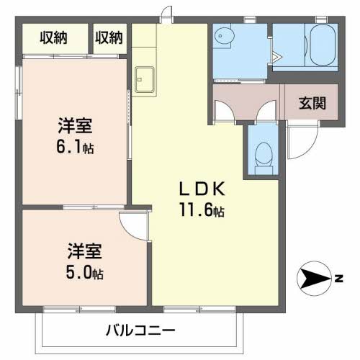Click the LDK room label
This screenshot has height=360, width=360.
click(203, 190)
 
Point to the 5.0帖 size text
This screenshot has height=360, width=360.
click(85, 274)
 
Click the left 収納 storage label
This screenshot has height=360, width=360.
click(55, 36)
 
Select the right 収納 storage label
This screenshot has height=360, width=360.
click(109, 36)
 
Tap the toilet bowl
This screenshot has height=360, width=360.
click(264, 154)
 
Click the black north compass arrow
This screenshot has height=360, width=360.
click(311, 277)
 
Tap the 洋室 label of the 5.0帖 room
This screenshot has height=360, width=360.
click(84, 253)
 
